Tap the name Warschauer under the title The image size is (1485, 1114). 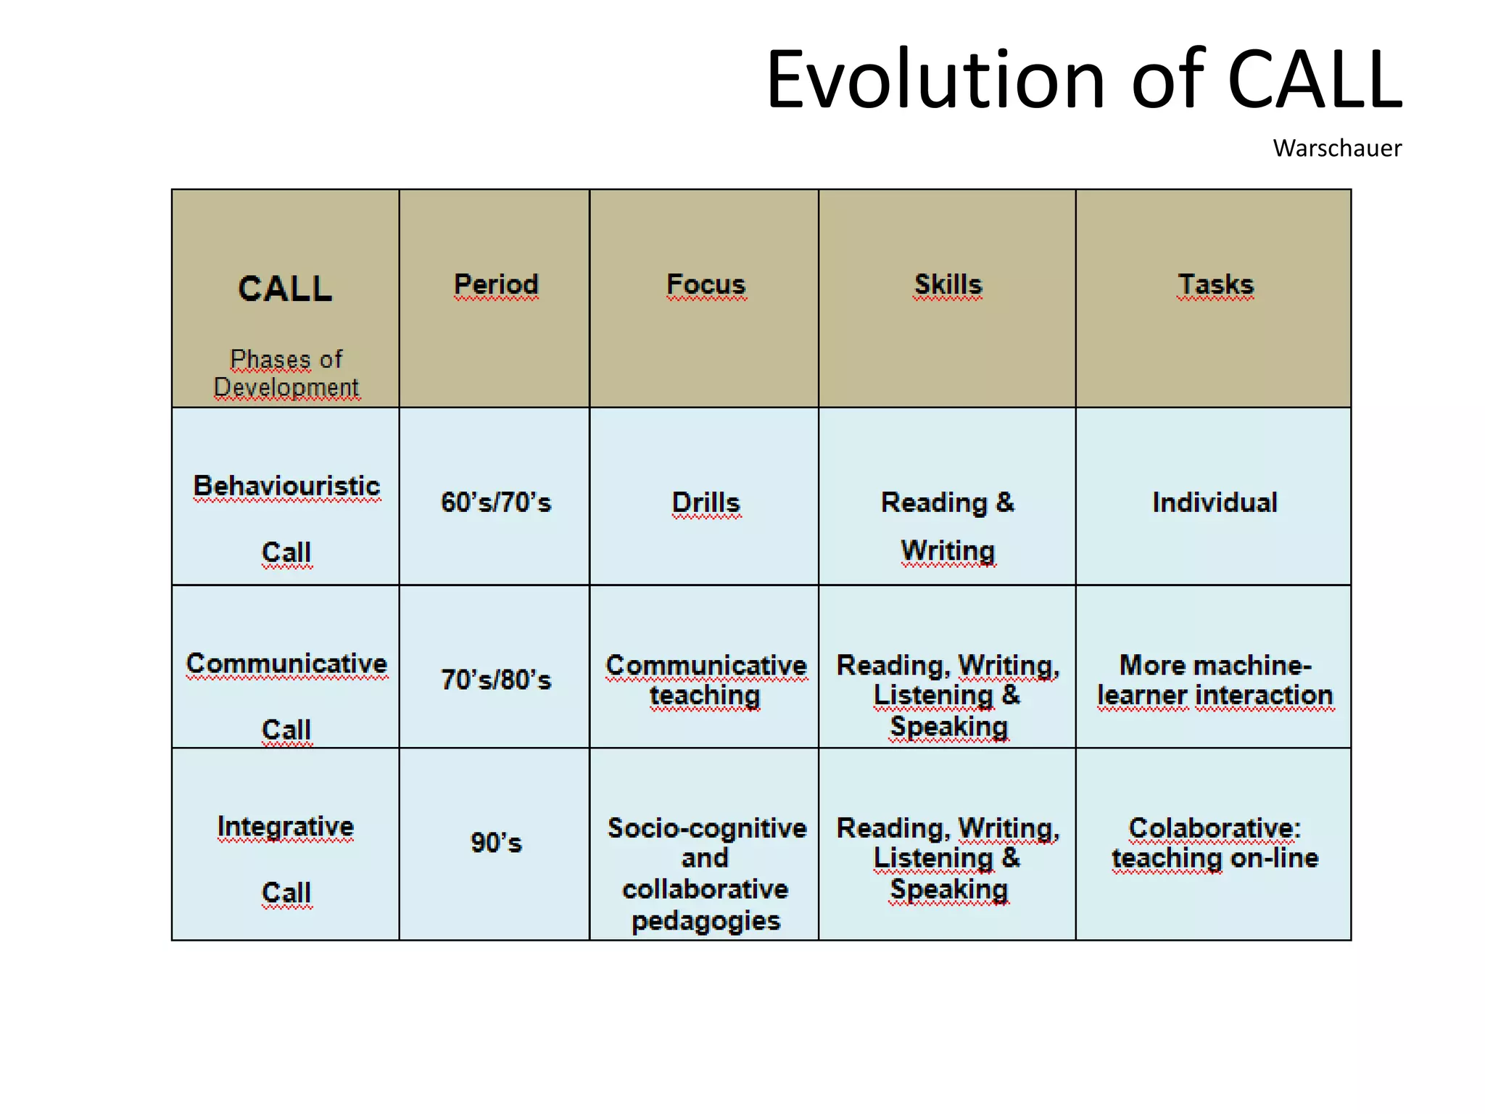[1336, 148]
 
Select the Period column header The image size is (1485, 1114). [496, 284]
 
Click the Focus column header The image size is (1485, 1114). [706, 284]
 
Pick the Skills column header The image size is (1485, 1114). [948, 284]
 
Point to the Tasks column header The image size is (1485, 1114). [1215, 284]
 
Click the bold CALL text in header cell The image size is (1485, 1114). [285, 289]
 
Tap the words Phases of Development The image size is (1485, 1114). [286, 373]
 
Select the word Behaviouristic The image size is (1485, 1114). [286, 486]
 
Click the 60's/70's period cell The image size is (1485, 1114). [496, 502]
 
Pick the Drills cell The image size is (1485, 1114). [706, 502]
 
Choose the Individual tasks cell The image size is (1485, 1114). [1215, 502]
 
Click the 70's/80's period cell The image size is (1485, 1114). [496, 680]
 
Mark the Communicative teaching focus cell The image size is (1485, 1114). [706, 680]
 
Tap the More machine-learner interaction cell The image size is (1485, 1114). [1215, 680]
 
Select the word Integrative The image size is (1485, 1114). [286, 826]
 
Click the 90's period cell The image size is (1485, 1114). [496, 842]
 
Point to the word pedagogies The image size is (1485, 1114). [706, 920]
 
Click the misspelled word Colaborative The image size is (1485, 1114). [1215, 828]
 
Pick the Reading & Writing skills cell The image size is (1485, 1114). [948, 526]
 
